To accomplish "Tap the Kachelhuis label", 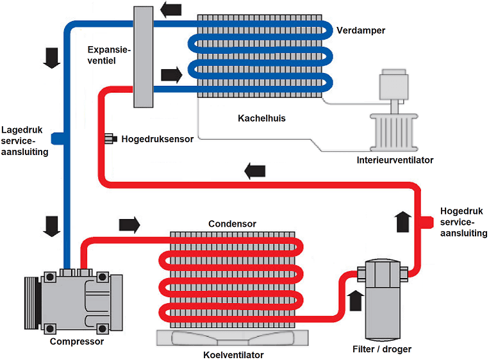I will click(x=261, y=119).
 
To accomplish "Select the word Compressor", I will click(x=76, y=341).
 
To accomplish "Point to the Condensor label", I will click(x=232, y=224).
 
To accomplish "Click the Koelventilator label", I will click(x=233, y=354).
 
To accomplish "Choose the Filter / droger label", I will click(x=382, y=349).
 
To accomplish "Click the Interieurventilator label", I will click(x=395, y=160).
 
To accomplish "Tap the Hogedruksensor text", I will click(x=157, y=138).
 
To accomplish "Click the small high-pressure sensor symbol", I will click(x=109, y=138).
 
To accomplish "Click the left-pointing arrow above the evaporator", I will click(x=170, y=10).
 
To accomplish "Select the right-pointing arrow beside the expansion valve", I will click(x=171, y=74).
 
